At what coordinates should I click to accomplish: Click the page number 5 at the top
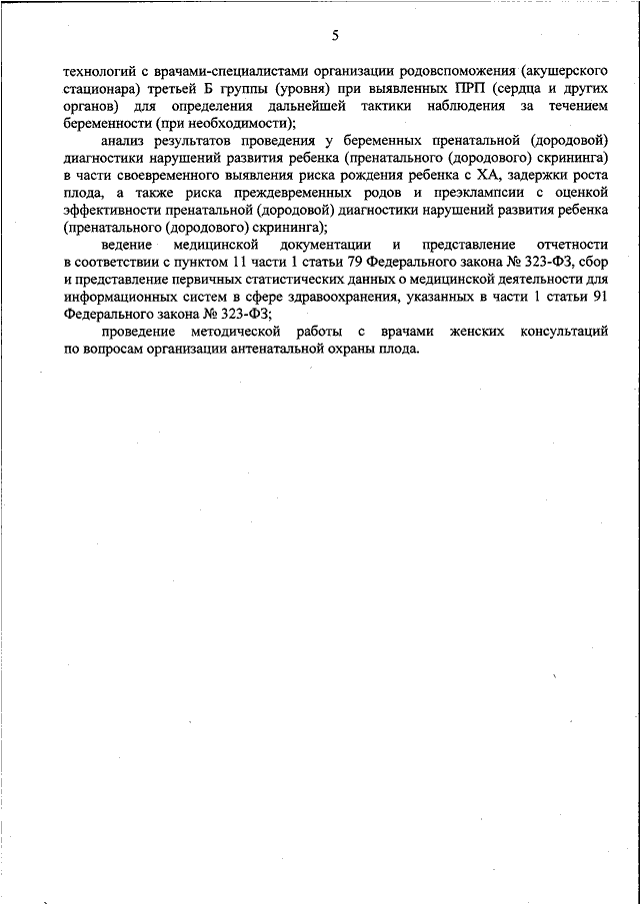[x=335, y=37]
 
